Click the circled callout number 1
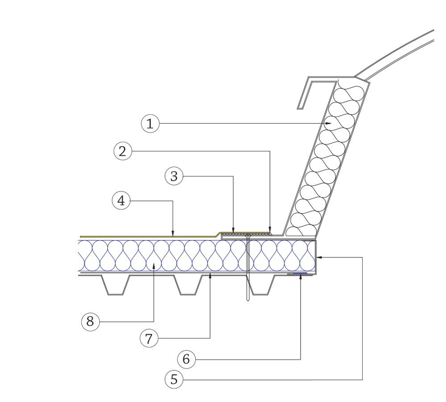(150, 124)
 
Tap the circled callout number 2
(123, 151)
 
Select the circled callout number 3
(174, 176)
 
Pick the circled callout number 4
(121, 201)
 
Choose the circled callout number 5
(174, 379)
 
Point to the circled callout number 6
(186, 359)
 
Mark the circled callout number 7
(149, 338)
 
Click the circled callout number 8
(91, 322)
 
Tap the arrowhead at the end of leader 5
(320, 257)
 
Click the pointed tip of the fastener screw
(248, 301)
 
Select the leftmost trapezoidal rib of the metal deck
(116, 285)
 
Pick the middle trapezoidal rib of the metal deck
(188, 285)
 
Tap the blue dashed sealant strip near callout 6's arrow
(300, 274)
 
